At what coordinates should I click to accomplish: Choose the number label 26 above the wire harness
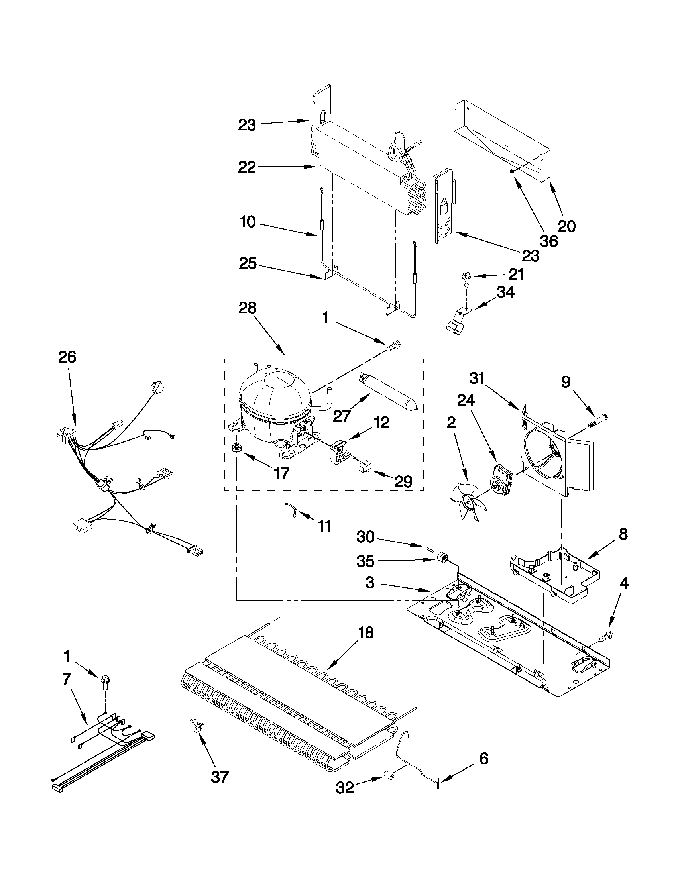point(67,357)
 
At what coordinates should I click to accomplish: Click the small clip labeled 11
point(291,510)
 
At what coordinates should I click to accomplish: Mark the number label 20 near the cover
point(567,226)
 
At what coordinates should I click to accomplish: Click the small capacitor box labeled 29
point(364,467)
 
